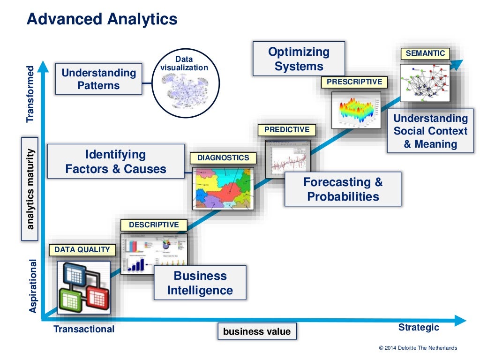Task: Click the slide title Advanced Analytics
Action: (x=102, y=19)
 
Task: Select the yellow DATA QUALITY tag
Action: (x=82, y=250)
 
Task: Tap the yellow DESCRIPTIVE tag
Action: (x=154, y=225)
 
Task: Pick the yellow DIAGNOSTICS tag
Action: (x=223, y=158)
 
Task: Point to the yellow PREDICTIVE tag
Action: (x=287, y=130)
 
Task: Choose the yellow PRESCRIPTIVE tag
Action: (x=354, y=82)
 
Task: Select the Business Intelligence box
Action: (x=200, y=283)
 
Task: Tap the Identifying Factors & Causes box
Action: (x=116, y=161)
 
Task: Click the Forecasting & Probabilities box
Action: (x=343, y=189)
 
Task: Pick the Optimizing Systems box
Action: (x=299, y=59)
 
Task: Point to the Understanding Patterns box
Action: (x=98, y=79)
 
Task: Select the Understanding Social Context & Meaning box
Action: (x=430, y=131)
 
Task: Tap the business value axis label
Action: (x=257, y=331)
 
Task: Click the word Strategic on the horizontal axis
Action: (x=419, y=327)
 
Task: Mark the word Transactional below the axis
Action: (x=84, y=329)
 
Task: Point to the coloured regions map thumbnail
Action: (x=223, y=188)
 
